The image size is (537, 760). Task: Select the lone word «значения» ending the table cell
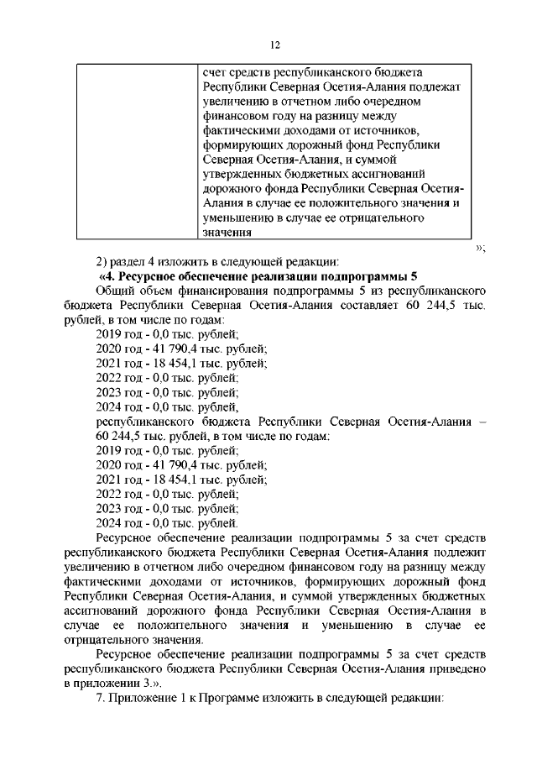click(x=227, y=233)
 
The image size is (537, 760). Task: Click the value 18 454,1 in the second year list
click(x=175, y=479)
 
